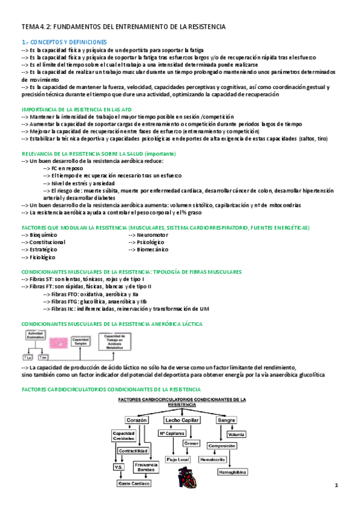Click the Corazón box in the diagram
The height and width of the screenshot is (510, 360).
point(136,419)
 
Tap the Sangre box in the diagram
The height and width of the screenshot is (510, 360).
point(226,419)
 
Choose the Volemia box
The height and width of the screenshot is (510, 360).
point(236,434)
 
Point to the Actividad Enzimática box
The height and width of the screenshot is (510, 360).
point(36,334)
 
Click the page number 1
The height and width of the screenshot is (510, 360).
point(337,485)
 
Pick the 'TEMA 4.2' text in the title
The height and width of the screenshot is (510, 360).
point(37,27)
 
